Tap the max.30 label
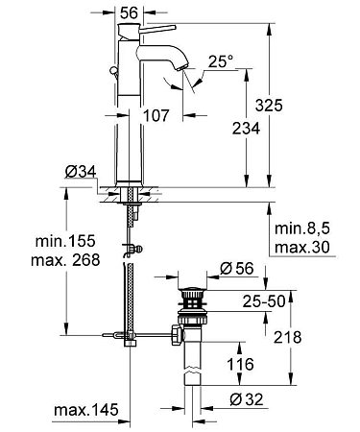pyautogui.click(x=303, y=248)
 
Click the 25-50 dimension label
pyautogui.click(x=263, y=303)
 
